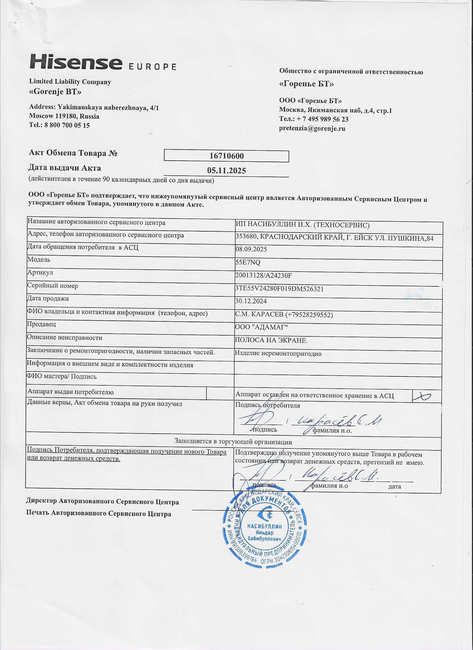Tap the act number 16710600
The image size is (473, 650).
click(226, 156)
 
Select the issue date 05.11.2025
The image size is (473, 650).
click(226, 171)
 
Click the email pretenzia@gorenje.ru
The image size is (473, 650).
click(312, 128)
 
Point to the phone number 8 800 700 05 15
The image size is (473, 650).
click(67, 125)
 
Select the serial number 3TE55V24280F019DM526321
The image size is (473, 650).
click(279, 289)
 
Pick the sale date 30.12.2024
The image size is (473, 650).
click(251, 301)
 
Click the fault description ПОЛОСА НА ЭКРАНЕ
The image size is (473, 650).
click(271, 341)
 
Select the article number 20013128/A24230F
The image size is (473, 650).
click(263, 276)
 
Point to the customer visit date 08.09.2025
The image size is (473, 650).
click(251, 249)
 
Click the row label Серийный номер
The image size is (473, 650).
click(53, 286)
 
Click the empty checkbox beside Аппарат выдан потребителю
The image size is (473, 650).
click(220, 393)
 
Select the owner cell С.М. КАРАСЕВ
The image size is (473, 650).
click(284, 315)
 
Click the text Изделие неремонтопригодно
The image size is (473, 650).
click(278, 354)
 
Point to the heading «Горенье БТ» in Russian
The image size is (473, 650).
click(306, 84)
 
